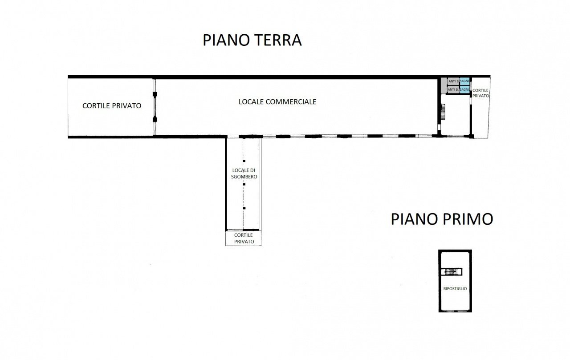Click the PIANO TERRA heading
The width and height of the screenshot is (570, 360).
[x=252, y=40]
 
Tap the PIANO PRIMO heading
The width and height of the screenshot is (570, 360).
[x=442, y=219]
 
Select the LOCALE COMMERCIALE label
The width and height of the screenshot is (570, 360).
[x=277, y=102]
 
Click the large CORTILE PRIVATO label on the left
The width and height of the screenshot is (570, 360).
[x=112, y=106]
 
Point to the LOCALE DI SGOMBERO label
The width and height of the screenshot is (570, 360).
[x=244, y=174]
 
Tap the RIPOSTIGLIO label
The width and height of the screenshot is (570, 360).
[x=455, y=288]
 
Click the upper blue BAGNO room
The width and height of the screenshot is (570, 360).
[x=464, y=81]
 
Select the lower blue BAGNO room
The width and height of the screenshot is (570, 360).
[x=464, y=89]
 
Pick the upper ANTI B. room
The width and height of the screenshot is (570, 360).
[x=453, y=81]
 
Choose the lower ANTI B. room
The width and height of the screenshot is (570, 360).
[x=453, y=89]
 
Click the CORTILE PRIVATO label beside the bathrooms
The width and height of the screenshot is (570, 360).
[x=480, y=93]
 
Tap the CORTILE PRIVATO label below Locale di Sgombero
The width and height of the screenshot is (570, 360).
[x=244, y=238]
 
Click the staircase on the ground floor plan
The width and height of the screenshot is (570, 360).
[x=443, y=111]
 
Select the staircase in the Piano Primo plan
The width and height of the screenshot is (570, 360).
[x=452, y=272]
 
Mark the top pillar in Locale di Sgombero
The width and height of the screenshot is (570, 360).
[x=244, y=161]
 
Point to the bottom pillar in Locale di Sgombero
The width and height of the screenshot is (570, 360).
[x=244, y=208]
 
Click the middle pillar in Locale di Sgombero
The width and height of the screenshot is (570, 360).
[x=244, y=184]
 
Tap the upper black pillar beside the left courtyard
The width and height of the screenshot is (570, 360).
[x=155, y=94]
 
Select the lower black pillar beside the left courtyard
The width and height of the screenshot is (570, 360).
[x=155, y=120]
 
